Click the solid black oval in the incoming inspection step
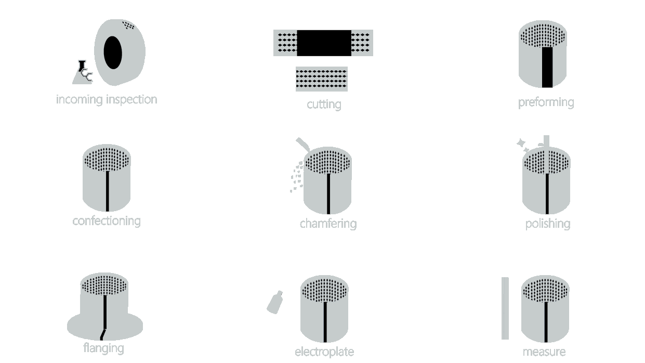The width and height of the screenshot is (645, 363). pos(113,53)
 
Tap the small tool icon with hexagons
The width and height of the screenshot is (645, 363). pos(84,71)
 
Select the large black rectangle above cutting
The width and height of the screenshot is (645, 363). pos(324,43)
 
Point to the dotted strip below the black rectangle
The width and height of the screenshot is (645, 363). pos(321,78)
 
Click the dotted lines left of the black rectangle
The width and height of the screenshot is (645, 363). pos(287,43)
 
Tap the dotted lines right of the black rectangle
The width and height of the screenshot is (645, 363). pos(360,43)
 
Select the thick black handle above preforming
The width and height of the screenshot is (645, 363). pos(547,68)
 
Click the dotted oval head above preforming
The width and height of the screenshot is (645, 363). pos(543,36)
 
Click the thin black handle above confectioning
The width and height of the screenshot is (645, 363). pos(108,191)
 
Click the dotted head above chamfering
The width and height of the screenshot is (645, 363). pos(327,162)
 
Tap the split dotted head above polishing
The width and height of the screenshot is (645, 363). pos(546,162)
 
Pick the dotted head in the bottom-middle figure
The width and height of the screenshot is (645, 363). pos(324,290)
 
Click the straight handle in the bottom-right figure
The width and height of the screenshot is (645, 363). pos(546,322)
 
